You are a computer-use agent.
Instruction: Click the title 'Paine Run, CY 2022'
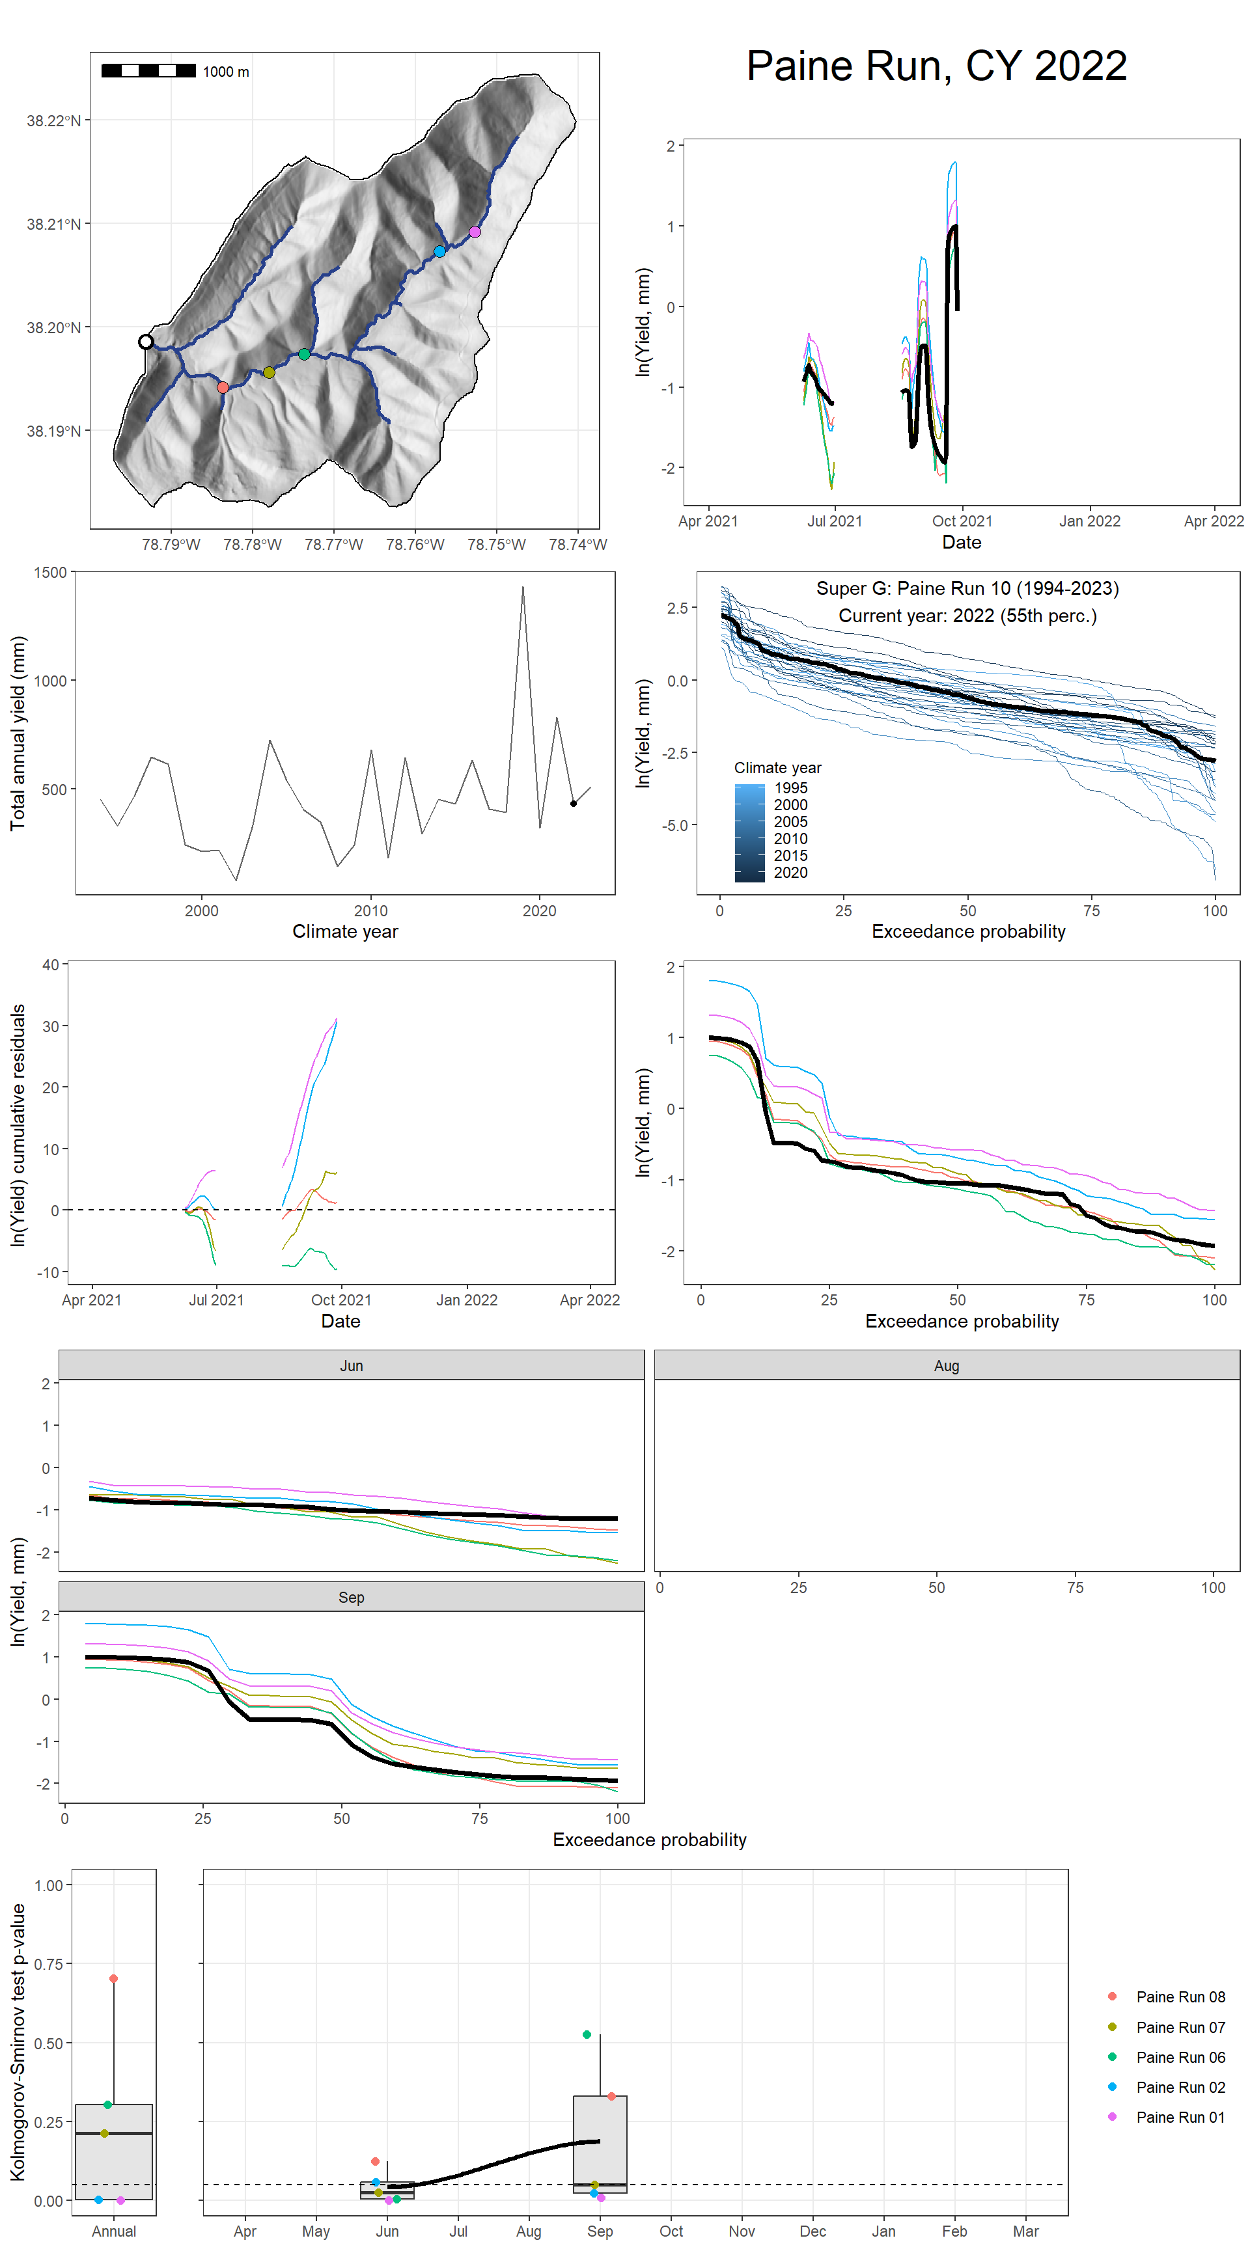936,66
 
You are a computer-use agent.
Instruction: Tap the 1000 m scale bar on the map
148,71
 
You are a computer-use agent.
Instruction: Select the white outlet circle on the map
146,342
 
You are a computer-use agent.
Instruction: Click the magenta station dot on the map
475,232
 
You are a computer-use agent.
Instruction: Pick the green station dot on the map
304,353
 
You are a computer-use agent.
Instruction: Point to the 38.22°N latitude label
53,120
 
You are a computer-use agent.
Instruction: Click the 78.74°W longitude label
577,545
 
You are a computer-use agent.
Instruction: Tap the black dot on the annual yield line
573,803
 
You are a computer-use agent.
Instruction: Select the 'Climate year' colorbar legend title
777,767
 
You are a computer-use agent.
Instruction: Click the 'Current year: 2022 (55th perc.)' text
967,616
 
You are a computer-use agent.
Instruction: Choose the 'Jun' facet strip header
351,1365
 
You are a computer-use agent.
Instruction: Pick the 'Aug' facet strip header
946,1365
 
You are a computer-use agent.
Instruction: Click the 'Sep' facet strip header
351,1597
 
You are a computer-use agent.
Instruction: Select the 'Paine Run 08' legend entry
1179,1997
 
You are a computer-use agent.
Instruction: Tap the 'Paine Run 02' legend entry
1179,2086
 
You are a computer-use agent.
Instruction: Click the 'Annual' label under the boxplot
113,2231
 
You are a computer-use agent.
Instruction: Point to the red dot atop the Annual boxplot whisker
113,1978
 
